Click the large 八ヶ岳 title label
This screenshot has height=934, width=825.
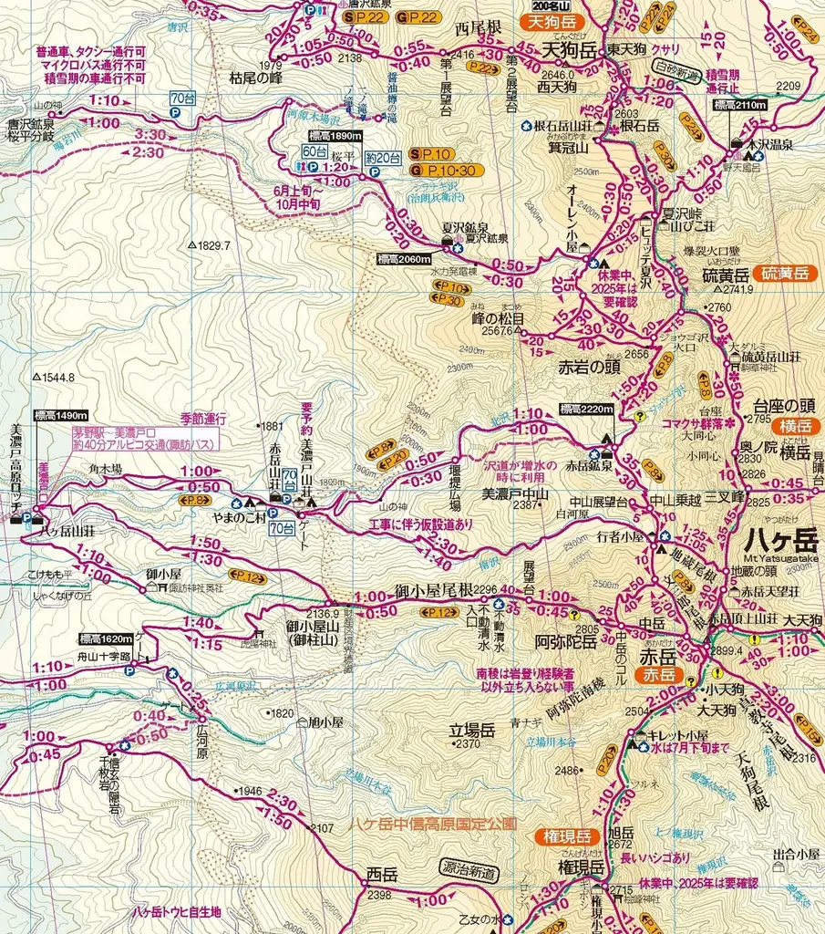click(782, 537)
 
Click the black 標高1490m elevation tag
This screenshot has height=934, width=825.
click(61, 416)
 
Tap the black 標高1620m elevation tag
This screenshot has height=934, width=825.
click(106, 638)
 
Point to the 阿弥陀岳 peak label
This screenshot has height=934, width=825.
click(566, 641)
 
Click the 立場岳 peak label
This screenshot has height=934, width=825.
click(471, 730)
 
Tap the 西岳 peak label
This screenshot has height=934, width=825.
click(382, 874)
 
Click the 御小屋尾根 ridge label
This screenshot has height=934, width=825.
click(434, 590)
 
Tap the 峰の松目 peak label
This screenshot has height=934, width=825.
click(498, 319)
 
